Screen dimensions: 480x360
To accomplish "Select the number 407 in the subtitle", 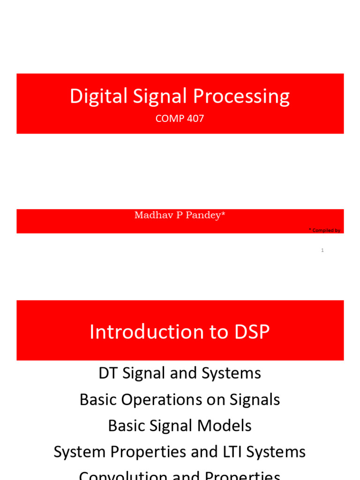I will tap(195, 119).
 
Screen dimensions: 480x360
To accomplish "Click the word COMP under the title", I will tap(170, 119).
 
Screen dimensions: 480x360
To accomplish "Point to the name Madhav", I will tap(151, 215).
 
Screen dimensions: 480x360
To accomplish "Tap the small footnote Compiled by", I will tap(326, 230).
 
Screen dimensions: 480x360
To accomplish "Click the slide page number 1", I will tap(322, 250).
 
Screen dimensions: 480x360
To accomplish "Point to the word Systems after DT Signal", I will tap(231, 373).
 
